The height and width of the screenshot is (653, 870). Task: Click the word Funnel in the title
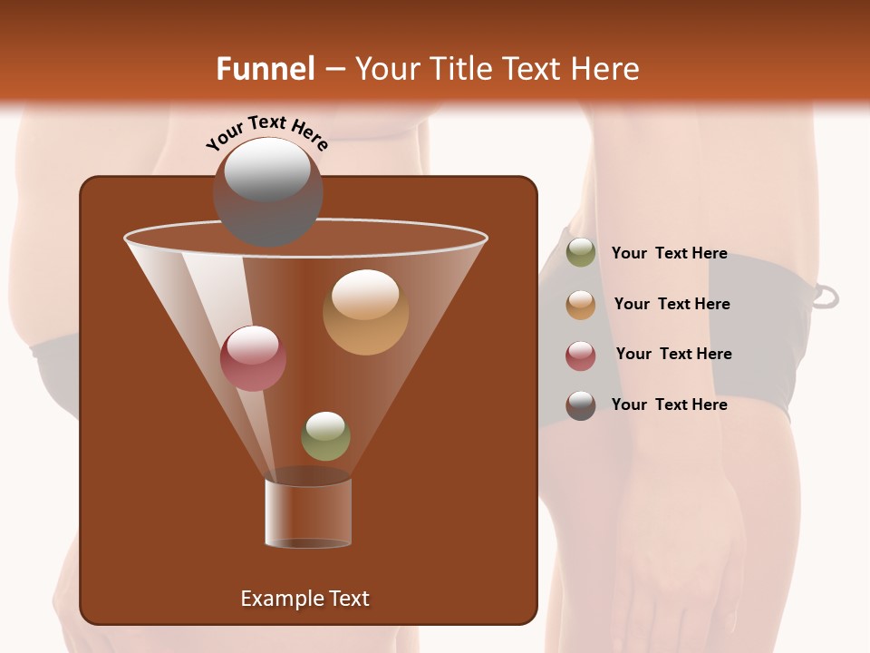(x=265, y=69)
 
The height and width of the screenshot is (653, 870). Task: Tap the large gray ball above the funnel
(x=267, y=191)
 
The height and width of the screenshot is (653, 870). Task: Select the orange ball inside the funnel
(x=365, y=312)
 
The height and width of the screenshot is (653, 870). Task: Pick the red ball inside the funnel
(x=253, y=358)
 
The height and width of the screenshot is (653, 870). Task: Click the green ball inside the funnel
(x=325, y=436)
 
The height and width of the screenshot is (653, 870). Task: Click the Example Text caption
(x=304, y=599)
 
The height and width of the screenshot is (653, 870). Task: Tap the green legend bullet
(x=581, y=253)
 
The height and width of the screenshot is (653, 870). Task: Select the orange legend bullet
(x=581, y=305)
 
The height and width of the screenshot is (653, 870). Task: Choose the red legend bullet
(x=581, y=356)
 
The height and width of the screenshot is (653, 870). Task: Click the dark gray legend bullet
(x=581, y=405)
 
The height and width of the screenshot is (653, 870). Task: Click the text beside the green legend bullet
(x=669, y=254)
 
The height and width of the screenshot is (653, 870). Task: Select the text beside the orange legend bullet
(x=672, y=305)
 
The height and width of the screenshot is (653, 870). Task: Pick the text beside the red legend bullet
(x=673, y=355)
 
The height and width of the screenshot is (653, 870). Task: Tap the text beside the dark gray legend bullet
(x=669, y=405)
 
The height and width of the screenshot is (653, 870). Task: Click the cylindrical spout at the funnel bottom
(x=308, y=512)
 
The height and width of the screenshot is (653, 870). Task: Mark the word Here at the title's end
(x=606, y=69)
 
